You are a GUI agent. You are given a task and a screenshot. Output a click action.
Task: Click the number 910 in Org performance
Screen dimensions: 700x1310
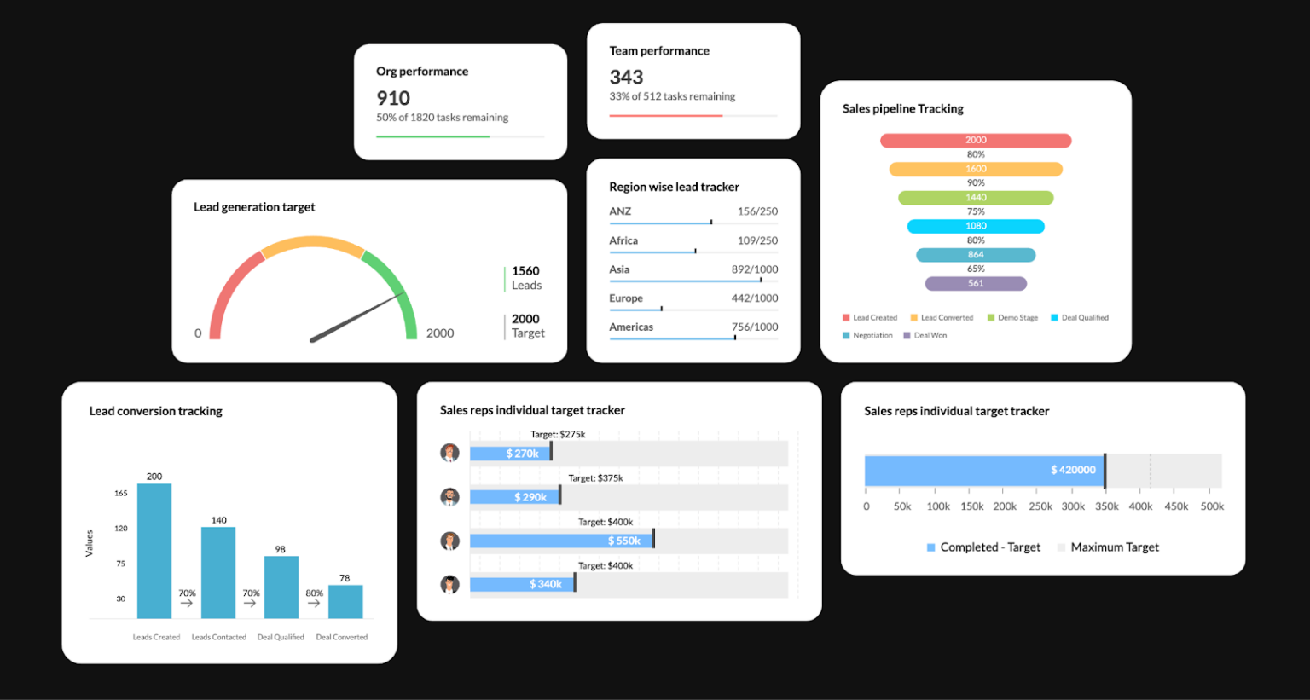(393, 98)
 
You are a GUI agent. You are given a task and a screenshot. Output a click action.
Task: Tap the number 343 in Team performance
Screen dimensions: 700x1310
(626, 78)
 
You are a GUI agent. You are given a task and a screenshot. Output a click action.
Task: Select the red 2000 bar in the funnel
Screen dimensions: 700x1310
(976, 140)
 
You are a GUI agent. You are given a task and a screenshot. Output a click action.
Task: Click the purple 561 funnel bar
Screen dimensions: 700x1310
(976, 283)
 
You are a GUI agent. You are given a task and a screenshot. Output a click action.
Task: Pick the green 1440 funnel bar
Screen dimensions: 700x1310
(976, 198)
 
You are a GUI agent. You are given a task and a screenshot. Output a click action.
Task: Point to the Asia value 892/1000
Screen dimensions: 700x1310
(754, 269)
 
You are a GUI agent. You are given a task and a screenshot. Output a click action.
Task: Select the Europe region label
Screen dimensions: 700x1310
(626, 298)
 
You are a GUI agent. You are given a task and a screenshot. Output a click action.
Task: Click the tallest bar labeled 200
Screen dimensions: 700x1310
(154, 550)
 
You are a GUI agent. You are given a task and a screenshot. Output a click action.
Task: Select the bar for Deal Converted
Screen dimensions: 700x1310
(345, 601)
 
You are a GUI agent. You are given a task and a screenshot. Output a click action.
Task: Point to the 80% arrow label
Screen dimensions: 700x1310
(314, 593)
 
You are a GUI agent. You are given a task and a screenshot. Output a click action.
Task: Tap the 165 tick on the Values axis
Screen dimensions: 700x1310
(121, 493)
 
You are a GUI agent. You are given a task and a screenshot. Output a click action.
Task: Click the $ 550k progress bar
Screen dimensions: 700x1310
(560, 541)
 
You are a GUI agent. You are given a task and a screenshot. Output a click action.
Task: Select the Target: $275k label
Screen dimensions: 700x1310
(558, 434)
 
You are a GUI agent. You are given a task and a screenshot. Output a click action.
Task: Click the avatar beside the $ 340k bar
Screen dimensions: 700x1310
(449, 584)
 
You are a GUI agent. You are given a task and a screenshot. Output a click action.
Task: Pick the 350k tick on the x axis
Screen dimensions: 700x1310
(1106, 506)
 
